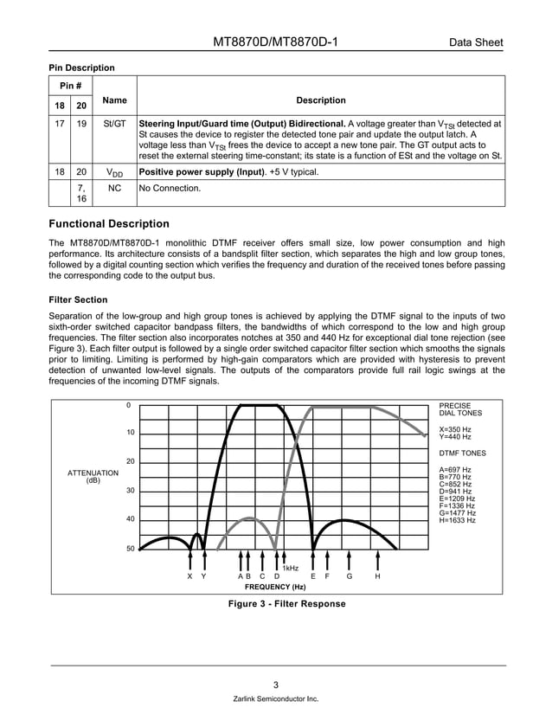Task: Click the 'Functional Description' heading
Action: click(109, 223)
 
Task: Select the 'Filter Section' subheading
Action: click(79, 299)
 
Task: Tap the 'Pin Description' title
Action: click(81, 68)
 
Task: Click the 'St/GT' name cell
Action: click(114, 124)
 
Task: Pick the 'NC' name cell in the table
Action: click(114, 187)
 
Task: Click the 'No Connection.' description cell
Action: click(170, 187)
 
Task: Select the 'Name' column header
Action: click(114, 100)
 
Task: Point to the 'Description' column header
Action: click(320, 100)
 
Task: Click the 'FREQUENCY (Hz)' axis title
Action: click(275, 587)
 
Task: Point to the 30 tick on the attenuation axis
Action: click(128, 491)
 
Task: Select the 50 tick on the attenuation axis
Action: click(128, 549)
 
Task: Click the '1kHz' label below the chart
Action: click(291, 568)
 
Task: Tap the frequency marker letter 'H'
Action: click(377, 576)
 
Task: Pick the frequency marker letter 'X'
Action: click(189, 576)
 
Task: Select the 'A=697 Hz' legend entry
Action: click(455, 470)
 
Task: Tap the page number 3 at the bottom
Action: click(275, 683)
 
